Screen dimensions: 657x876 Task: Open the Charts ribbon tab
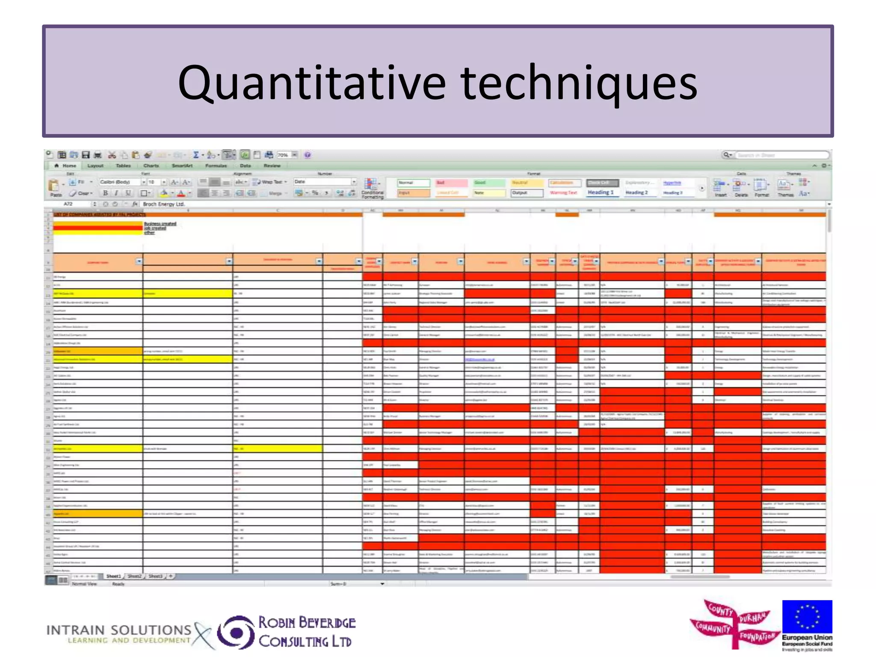(151, 166)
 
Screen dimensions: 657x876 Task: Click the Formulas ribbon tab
(216, 166)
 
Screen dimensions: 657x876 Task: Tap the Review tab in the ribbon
(272, 166)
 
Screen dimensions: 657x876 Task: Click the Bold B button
(105, 193)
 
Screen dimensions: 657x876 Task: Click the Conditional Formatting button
(372, 188)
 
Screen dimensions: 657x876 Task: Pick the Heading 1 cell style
(600, 192)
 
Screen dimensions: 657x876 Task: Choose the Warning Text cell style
(563, 193)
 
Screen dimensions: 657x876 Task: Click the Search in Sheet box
(778, 155)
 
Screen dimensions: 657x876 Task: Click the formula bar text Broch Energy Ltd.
(164, 204)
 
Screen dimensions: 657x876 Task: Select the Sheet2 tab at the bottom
(134, 576)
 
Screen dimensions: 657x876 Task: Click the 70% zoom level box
(283, 155)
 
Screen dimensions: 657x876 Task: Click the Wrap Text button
(269, 182)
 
